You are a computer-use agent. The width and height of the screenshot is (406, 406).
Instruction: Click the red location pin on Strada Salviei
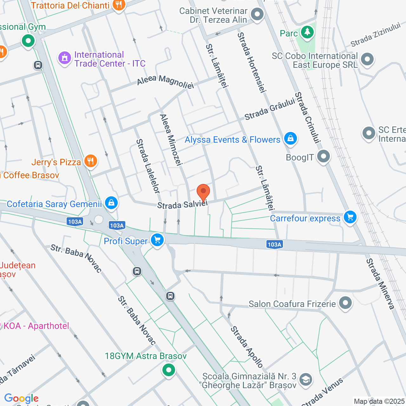pyautogui.click(x=203, y=192)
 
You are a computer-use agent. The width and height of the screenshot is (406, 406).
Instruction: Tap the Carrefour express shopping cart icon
pyautogui.click(x=350, y=217)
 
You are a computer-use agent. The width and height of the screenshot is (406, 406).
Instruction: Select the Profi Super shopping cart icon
pyautogui.click(x=157, y=240)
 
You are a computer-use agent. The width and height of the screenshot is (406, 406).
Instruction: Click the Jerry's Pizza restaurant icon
pyautogui.click(x=91, y=161)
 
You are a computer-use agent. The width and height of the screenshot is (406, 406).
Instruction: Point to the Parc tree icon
pyautogui.click(x=307, y=32)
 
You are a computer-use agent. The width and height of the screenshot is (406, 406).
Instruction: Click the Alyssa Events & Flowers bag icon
pyautogui.click(x=290, y=138)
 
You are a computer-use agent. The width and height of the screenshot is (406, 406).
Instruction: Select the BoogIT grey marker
pyautogui.click(x=324, y=156)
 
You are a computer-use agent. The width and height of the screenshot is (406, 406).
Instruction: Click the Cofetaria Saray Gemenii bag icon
pyautogui.click(x=111, y=202)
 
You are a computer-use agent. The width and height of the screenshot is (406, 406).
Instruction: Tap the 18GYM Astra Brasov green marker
pyautogui.click(x=169, y=370)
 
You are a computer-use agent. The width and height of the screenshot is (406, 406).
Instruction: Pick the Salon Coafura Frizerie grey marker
pyautogui.click(x=345, y=303)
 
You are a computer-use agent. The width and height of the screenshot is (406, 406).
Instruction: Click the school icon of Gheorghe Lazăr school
pyautogui.click(x=306, y=379)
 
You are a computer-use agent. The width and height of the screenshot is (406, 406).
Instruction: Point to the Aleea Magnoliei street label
pyautogui.click(x=165, y=82)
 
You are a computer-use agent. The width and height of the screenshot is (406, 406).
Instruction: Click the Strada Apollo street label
pyautogui.click(x=247, y=347)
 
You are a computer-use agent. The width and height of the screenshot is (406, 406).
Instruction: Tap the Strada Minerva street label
pyautogui.click(x=380, y=284)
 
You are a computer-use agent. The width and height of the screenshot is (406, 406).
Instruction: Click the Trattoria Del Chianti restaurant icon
pyautogui.click(x=119, y=5)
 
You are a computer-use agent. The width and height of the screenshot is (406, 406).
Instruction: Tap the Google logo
pyautogui.click(x=21, y=398)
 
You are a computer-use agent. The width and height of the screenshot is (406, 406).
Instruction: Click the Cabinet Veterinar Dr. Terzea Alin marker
pyautogui.click(x=257, y=14)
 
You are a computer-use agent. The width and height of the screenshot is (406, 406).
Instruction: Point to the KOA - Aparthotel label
pyautogui.click(x=36, y=326)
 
